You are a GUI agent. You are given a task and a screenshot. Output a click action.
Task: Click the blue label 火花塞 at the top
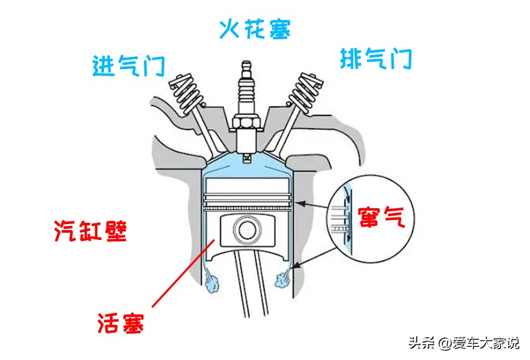coord(254,29)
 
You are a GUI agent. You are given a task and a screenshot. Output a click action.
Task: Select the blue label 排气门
coord(376,59)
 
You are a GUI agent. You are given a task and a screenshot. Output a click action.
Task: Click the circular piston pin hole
coord(246,230)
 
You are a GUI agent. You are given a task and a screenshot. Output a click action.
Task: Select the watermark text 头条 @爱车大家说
coord(463,343)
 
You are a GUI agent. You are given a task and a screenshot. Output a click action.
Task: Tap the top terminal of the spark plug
coord(247,65)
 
